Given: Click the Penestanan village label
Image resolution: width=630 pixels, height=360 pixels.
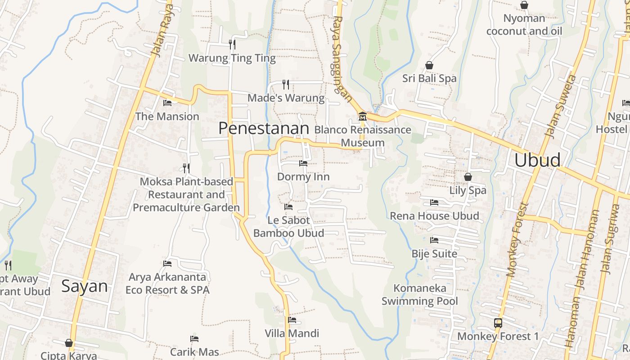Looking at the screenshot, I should click(264, 128).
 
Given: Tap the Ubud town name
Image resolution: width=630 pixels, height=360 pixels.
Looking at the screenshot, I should click(537, 160).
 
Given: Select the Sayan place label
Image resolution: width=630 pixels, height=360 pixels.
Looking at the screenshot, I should click(85, 286).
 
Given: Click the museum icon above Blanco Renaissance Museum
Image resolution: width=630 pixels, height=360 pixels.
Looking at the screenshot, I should click(362, 117).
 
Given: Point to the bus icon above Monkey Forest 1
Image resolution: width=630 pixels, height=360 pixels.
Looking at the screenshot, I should click(498, 323).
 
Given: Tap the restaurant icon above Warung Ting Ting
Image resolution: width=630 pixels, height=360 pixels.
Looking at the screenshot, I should click(232, 44).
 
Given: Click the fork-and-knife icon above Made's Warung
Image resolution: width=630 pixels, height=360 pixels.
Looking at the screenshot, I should click(285, 84).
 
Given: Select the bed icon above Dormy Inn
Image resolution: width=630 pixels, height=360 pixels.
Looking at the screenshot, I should click(303, 163).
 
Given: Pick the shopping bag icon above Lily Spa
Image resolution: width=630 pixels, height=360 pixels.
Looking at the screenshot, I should click(468, 177).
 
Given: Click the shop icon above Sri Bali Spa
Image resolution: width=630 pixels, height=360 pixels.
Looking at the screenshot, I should click(429, 65).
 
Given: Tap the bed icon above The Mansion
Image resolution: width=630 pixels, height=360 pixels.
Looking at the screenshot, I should click(167, 103).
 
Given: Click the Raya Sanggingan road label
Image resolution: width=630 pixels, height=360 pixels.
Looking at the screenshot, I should click(342, 56).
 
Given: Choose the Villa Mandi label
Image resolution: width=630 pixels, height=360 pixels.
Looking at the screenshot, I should click(292, 333).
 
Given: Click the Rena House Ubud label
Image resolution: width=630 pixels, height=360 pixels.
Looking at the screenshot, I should click(434, 216).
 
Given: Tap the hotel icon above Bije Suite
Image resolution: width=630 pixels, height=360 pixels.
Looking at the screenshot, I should click(434, 240).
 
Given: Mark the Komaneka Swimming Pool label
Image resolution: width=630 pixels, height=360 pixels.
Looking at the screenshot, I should click(420, 295).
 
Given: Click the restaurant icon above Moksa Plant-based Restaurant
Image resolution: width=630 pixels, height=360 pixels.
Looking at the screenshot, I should click(186, 168).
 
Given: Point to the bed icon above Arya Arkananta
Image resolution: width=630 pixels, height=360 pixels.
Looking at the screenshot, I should click(167, 264).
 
